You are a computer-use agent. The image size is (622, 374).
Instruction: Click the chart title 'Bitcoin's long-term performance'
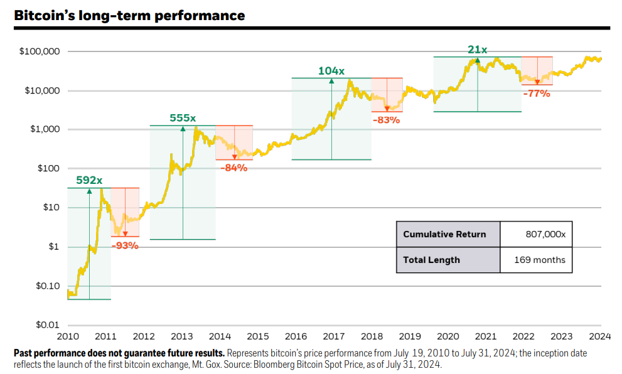click(x=129, y=14)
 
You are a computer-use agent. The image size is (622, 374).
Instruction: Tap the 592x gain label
click(x=89, y=180)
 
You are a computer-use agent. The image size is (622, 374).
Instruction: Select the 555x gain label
click(x=183, y=118)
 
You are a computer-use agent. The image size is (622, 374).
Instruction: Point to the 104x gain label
click(x=331, y=71)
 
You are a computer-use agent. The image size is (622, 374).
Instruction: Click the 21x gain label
click(x=477, y=50)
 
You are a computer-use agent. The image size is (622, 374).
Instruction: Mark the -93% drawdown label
click(x=125, y=245)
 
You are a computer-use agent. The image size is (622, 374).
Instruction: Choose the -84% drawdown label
click(x=234, y=168)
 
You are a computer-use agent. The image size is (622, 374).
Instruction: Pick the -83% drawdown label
click(x=386, y=119)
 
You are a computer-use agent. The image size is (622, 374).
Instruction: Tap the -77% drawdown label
click(x=537, y=93)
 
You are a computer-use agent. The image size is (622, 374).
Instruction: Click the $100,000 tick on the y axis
click(x=39, y=51)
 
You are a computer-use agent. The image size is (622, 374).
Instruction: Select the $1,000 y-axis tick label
click(x=43, y=129)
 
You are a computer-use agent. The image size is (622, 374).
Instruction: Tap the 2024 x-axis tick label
click(x=601, y=336)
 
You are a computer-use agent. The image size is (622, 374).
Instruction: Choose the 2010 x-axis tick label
click(x=67, y=336)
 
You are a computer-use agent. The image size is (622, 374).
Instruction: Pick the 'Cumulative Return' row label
click(x=444, y=234)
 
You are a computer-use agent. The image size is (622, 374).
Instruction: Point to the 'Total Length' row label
click(x=431, y=260)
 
